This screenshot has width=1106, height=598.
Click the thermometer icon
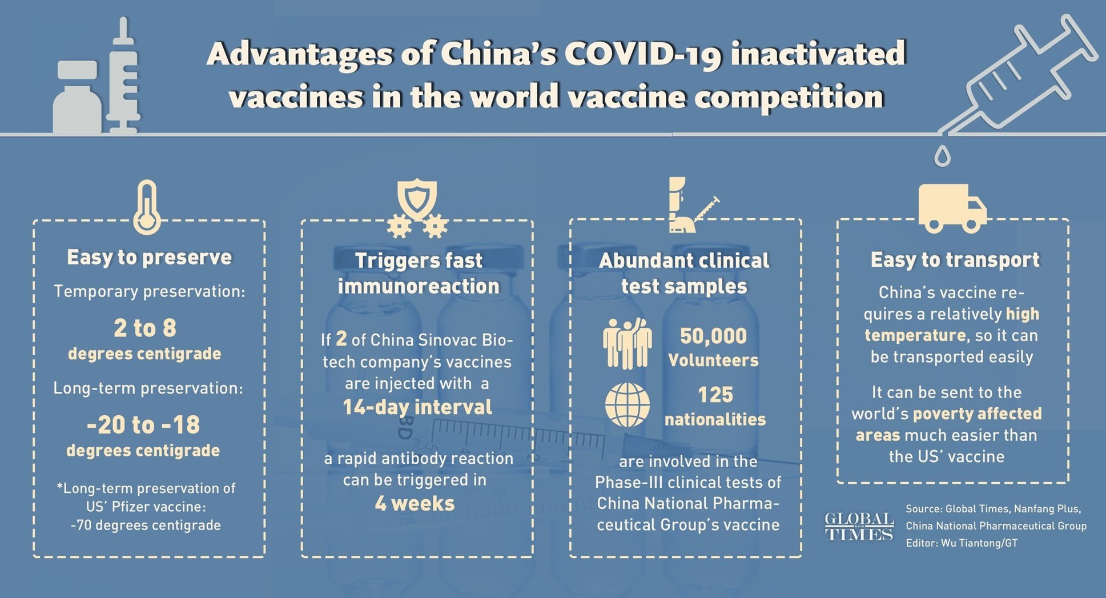coord(147,208)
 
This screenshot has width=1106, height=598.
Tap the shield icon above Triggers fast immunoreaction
coord(417,197)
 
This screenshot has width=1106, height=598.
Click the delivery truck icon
coord(952,208)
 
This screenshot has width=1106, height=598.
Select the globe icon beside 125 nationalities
coord(627,405)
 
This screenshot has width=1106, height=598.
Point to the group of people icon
coord(627,343)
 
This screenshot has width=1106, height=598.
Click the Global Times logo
coord(859,526)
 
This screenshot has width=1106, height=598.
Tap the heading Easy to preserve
coord(150,258)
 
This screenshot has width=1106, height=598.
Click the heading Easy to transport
coord(955,260)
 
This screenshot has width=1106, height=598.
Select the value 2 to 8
coord(145,328)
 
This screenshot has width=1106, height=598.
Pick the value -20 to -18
coord(143,424)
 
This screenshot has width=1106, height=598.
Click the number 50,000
coord(713,336)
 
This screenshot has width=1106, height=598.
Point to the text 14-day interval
coord(417,407)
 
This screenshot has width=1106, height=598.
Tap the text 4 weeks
coord(415,503)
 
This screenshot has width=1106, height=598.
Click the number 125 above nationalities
coord(715,395)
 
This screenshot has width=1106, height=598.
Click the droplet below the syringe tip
coord(942,155)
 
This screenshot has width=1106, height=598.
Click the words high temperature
coord(952,324)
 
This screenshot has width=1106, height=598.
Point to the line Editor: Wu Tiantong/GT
coord(962,543)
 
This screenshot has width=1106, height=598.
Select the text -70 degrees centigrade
coord(146,525)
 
